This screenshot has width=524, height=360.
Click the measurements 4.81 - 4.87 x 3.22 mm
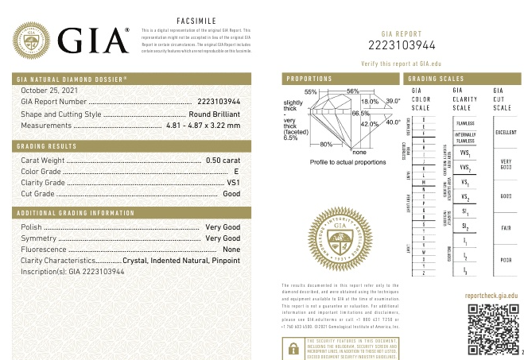[202, 126]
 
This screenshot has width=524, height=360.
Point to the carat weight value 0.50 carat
[223, 160]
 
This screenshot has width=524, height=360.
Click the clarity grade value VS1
[233, 182]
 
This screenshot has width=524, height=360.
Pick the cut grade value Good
[231, 193]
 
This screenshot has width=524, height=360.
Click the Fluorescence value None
[231, 250]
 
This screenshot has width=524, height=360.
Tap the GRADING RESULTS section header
[48, 147]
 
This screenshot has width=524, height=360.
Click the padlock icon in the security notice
[294, 346]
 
